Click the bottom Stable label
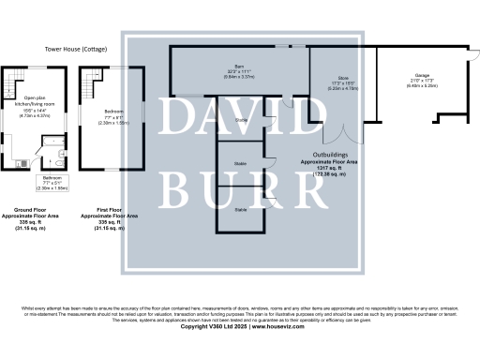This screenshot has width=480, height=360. (x=241, y=209)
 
